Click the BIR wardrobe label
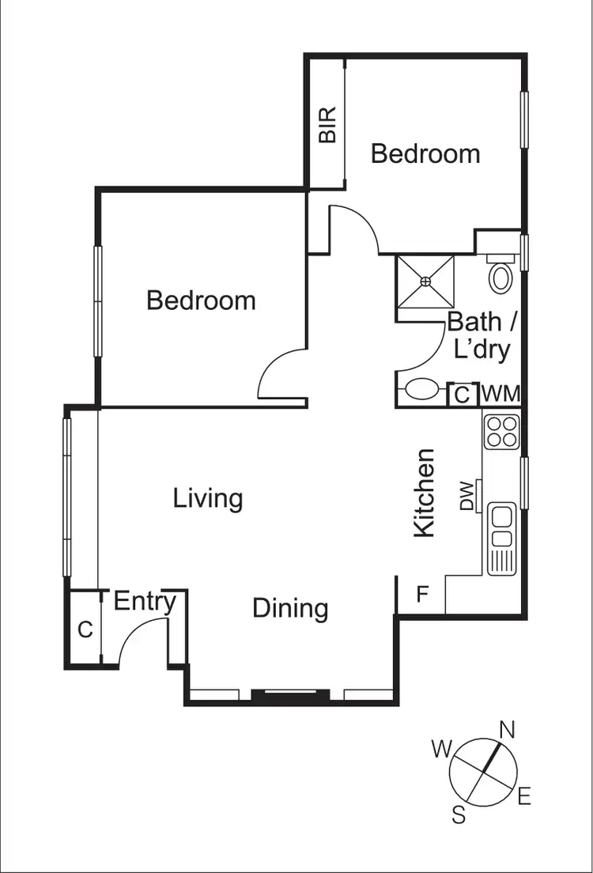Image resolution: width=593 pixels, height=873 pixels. point(327,124)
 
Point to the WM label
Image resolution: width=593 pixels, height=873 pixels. point(500,393)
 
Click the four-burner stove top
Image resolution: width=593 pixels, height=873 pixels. point(502,431)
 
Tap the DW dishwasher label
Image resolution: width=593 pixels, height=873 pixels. point(466,496)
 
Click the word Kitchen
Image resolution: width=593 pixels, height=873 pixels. point(425,493)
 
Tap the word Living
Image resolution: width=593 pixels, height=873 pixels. point(207,499)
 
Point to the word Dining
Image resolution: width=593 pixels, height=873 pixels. point(290,608)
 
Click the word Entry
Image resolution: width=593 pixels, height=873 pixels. point(145,601)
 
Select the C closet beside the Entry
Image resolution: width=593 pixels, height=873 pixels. point(85,629)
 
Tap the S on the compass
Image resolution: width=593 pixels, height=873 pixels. point(459,815)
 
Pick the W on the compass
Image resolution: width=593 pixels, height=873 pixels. point(441,747)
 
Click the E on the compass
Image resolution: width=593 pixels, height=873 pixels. point(523,797)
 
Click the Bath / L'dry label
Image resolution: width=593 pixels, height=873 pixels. point(479,335)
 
